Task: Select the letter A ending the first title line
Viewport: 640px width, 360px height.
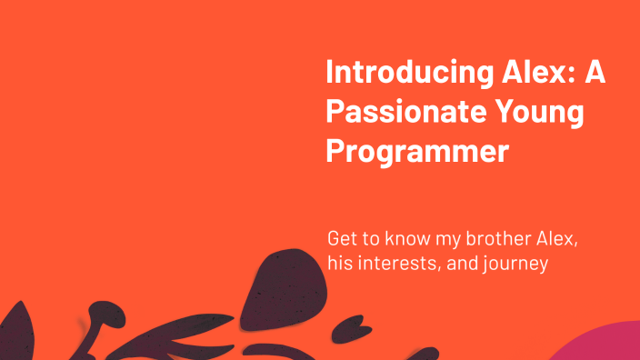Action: click(595, 72)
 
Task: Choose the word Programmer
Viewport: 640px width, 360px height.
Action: click(416, 150)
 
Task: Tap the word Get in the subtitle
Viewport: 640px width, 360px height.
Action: click(342, 240)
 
